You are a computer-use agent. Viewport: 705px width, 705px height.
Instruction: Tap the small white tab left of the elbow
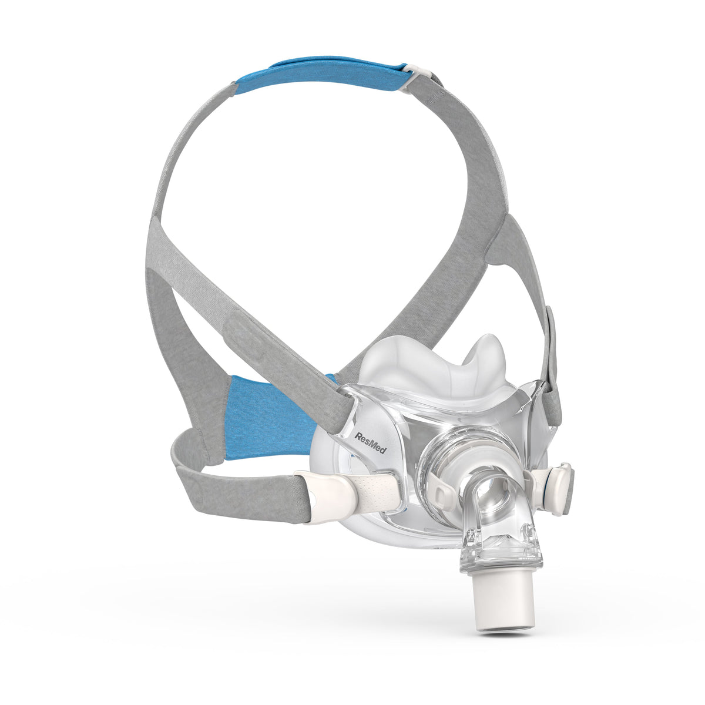pyautogui.click(x=437, y=491)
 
